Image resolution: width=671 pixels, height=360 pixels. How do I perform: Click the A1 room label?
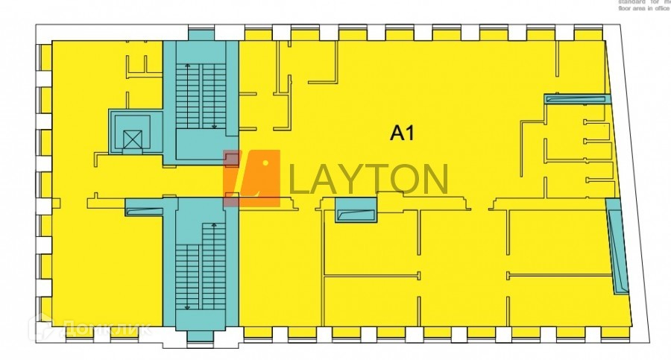[402, 133]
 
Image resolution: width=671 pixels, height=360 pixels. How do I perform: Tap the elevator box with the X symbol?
[131, 138]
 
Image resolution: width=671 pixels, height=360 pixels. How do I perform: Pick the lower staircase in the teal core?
[201, 265]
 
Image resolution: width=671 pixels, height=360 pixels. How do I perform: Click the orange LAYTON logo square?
[252, 177]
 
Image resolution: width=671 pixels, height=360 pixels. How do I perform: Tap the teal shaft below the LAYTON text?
[356, 211]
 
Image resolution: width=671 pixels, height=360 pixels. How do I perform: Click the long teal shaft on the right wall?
[617, 250]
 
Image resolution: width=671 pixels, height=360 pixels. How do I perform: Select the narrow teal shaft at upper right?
[578, 98]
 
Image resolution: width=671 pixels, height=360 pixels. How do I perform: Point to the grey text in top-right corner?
[643, 5]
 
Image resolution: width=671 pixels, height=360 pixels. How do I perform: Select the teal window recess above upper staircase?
[200, 34]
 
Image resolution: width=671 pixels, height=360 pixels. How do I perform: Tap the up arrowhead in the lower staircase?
[215, 224]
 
